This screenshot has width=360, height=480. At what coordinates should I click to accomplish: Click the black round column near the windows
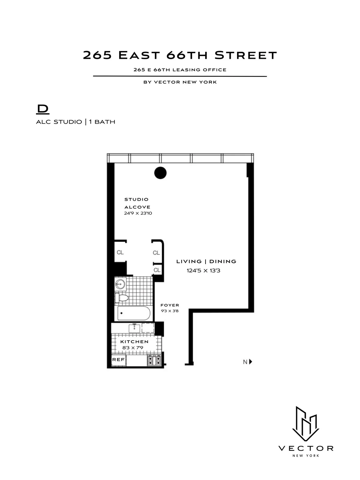(x=160, y=173)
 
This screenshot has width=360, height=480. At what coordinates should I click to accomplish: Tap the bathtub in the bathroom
(x=134, y=313)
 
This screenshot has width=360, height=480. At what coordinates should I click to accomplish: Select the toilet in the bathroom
(x=122, y=298)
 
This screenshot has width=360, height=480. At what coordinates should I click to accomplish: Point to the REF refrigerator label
(x=118, y=359)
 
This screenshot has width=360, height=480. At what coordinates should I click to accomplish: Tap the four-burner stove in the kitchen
(x=154, y=360)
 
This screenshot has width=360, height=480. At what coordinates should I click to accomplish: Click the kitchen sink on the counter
(x=134, y=328)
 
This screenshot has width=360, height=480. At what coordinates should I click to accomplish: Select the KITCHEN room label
(x=134, y=342)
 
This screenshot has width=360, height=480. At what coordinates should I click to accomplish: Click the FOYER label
(x=169, y=305)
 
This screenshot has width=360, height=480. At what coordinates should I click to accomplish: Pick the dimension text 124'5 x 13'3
(x=203, y=271)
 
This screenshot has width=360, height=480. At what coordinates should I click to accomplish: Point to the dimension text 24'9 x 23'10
(x=138, y=213)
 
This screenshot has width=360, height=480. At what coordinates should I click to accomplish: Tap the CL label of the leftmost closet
(x=120, y=252)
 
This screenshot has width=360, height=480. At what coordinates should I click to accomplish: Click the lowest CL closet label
(x=157, y=270)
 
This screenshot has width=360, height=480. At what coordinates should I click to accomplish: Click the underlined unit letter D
(x=43, y=109)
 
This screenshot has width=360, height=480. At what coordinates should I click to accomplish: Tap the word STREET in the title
(x=246, y=55)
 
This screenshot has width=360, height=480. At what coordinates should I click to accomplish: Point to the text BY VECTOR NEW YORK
(x=180, y=82)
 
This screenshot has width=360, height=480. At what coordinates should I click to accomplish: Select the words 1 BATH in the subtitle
(x=102, y=122)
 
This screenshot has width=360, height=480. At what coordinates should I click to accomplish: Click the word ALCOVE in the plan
(x=137, y=207)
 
